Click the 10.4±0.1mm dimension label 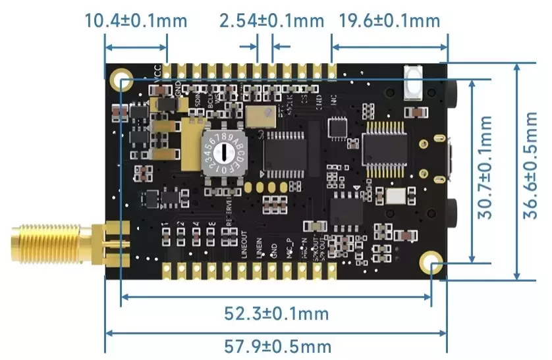(136, 20)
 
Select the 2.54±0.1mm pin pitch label (271, 20)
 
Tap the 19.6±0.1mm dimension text (389, 20)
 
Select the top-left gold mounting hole (123, 82)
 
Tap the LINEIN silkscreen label (258, 247)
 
